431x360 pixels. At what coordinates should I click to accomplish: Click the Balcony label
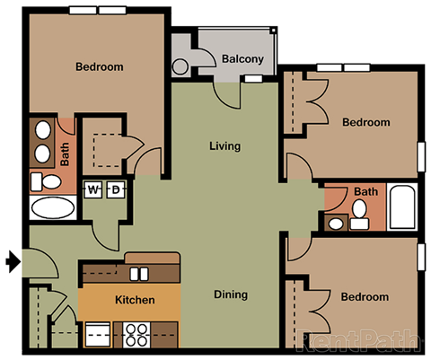pos(242,60)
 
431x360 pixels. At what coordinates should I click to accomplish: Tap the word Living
pos(224,145)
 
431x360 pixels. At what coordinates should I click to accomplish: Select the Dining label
pos(230,294)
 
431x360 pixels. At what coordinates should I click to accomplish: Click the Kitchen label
pos(135,300)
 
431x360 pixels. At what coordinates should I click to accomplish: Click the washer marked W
pos(94,189)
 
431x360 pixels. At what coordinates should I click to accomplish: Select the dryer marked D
pos(115,189)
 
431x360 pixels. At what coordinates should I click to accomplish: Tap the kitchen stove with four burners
pos(137,335)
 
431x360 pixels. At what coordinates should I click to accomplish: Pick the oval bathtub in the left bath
pos(53,210)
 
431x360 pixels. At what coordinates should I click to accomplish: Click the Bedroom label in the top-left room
pos(99,67)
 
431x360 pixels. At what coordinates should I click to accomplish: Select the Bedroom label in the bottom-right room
pos(365,297)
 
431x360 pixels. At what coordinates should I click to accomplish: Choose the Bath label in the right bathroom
pos(365,191)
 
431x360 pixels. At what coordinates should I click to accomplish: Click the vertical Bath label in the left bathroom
pos(66,154)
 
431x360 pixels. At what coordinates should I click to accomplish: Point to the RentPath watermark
pos(358,342)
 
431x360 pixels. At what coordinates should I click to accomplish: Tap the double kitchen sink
pos(137,273)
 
